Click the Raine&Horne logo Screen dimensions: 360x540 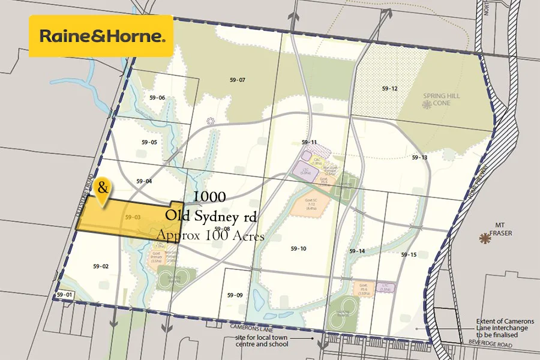tap(101, 36)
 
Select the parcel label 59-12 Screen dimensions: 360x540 tap(389, 88)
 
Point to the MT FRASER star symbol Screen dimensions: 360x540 tap(484, 239)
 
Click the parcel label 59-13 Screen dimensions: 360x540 tap(419, 157)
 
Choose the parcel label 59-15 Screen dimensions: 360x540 tap(409, 255)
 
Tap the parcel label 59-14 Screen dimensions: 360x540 tap(357, 251)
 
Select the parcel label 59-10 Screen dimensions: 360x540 tap(298, 248)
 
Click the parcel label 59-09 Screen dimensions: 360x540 tap(235, 295)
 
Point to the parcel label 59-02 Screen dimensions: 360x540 tap(101, 266)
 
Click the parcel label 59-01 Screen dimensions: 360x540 tap(64, 295)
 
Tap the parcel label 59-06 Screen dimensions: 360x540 tap(157, 98)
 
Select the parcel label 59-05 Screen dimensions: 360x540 tap(149, 142)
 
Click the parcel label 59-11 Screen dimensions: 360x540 tap(310, 142)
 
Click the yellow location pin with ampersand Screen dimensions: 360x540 tap(103, 190)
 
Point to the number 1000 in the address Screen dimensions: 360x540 tap(209, 197)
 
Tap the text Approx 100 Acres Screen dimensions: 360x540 tap(211, 236)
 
